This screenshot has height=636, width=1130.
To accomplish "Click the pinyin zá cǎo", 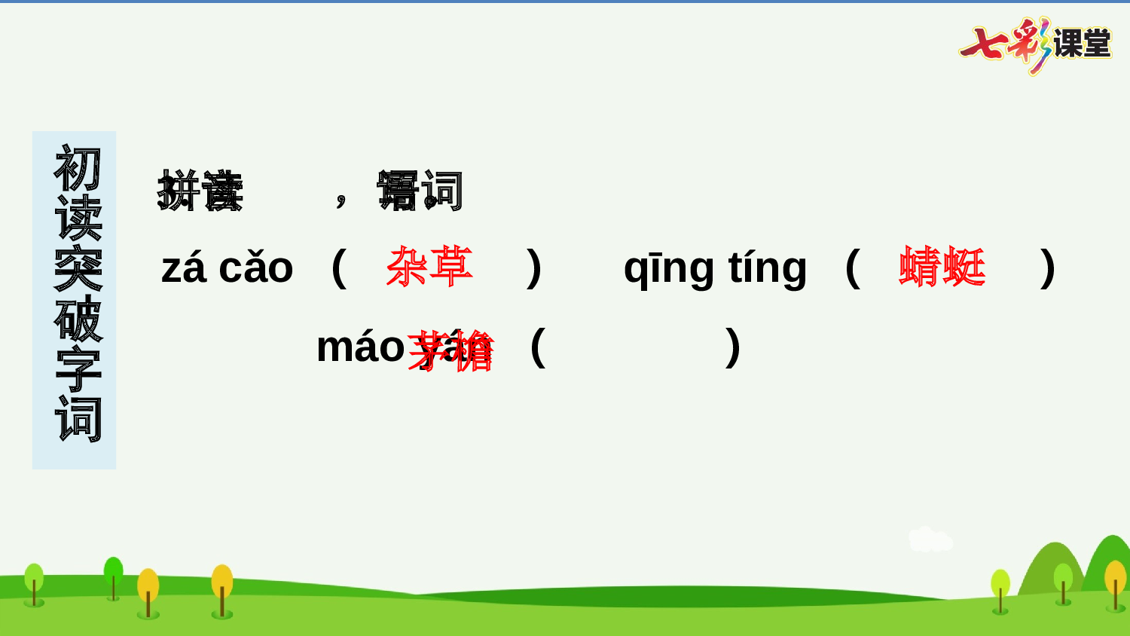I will click(x=227, y=268).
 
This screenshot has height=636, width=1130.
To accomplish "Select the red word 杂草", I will click(x=429, y=267).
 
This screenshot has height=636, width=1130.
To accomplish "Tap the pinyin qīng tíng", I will click(x=715, y=268).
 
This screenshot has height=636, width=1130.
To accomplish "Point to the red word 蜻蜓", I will click(x=942, y=267).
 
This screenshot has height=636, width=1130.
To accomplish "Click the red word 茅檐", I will click(x=450, y=350).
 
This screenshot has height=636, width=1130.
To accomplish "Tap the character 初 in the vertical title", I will click(x=77, y=169).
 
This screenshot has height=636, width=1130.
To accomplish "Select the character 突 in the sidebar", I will click(x=77, y=269).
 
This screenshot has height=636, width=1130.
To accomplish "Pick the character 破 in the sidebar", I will click(x=77, y=319).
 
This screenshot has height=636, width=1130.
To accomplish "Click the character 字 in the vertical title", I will click(x=77, y=369).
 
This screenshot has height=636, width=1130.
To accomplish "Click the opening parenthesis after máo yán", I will click(x=537, y=347).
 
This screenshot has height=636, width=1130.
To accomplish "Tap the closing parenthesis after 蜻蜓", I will click(x=1047, y=268).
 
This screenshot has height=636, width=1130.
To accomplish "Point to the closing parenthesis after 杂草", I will click(x=533, y=268).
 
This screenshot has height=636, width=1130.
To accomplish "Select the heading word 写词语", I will click(x=420, y=191).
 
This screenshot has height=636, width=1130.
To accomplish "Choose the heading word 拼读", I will click(x=200, y=191).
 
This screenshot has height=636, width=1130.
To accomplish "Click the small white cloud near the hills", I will click(x=930, y=540).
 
